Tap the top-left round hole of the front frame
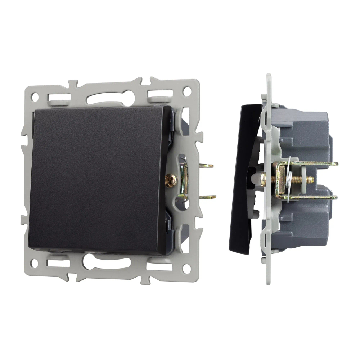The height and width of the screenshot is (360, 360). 35,96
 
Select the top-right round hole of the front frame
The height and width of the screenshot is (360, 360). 186,91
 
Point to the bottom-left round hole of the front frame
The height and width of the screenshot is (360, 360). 34,263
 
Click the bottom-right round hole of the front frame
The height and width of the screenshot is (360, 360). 186,268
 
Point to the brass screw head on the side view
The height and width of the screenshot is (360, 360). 264,179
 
